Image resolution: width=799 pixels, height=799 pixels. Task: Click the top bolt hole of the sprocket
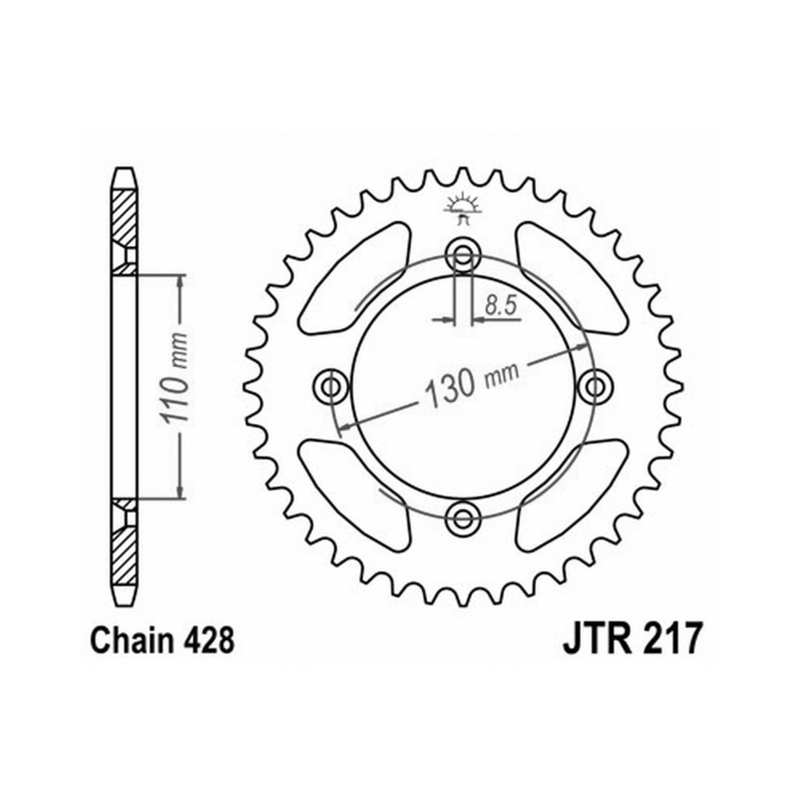(463, 254)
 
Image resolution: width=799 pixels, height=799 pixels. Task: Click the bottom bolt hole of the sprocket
(463, 519)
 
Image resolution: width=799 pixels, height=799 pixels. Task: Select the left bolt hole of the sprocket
(331, 387)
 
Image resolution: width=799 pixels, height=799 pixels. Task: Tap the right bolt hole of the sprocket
(595, 387)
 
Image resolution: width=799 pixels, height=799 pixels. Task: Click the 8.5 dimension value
(501, 306)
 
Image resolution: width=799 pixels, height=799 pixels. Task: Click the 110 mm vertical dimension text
(173, 378)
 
